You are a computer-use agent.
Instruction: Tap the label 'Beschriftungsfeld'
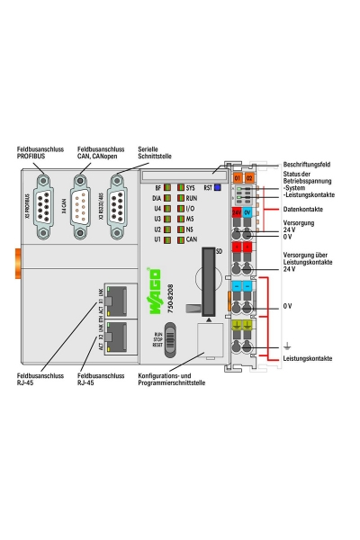point(307,166)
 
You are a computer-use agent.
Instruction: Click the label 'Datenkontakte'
point(303,209)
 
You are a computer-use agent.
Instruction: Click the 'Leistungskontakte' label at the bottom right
point(307,358)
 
